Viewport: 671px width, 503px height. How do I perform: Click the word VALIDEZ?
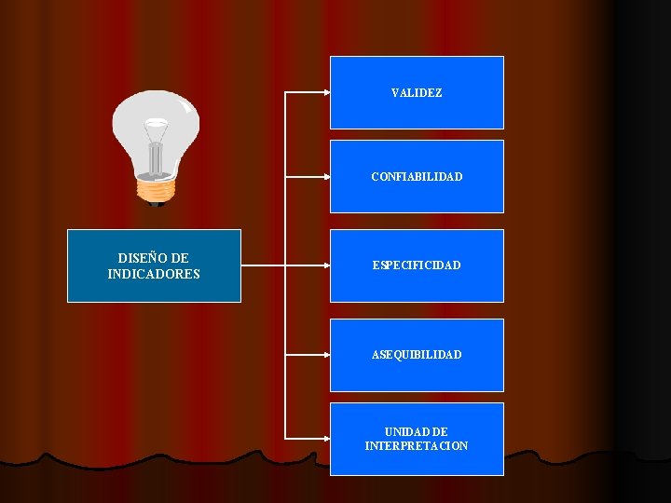[417, 93]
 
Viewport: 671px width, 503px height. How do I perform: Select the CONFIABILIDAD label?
[417, 177]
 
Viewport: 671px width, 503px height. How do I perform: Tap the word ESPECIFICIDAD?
[417, 265]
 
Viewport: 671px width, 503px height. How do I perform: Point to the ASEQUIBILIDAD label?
[417, 355]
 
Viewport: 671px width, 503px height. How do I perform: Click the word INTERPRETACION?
[417, 446]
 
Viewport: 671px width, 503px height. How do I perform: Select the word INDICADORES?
[154, 274]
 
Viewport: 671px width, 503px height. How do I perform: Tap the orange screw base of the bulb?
[156, 189]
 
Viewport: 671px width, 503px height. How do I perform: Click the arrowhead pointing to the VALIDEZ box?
[326, 93]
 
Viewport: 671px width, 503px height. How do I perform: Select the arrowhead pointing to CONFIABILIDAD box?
[326, 177]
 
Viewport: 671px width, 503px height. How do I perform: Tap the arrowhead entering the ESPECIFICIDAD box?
[326, 265]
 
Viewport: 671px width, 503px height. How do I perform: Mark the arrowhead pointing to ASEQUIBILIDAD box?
[326, 355]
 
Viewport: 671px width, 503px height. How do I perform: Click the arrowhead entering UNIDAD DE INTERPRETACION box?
[326, 439]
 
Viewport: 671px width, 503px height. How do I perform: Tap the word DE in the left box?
[181, 258]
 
